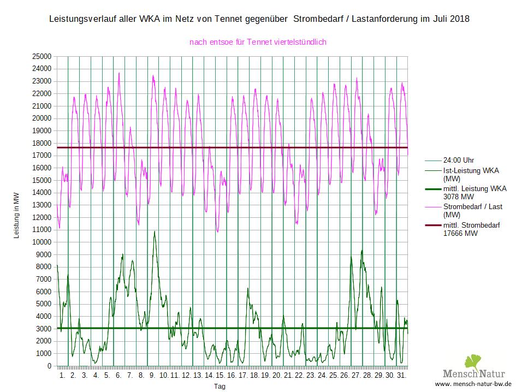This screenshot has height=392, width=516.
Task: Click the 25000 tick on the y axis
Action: point(41,56)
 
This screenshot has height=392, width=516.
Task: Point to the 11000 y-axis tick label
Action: point(41,230)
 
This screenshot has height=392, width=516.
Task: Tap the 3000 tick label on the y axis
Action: point(44,329)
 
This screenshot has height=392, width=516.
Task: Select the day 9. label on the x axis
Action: point(152,376)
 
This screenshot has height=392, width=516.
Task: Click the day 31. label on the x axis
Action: point(402,376)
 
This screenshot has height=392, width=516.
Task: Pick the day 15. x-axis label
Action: point(220,376)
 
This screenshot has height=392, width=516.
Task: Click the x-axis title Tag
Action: point(220,387)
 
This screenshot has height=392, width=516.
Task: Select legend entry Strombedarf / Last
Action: point(473,207)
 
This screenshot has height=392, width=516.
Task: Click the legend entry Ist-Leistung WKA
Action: point(471,171)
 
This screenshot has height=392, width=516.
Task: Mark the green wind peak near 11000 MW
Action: point(155,231)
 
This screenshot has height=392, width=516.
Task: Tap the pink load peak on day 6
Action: point(119,73)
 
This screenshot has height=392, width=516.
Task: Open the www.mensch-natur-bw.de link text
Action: point(473,384)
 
